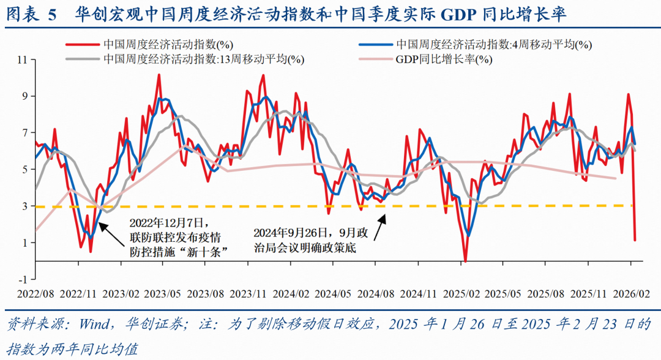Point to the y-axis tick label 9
(25, 96)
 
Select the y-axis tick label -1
(23, 279)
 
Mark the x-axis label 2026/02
(630, 294)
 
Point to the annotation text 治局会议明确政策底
(305, 248)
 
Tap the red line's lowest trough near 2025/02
(465, 261)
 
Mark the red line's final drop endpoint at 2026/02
(635, 240)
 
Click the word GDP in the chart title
(463, 14)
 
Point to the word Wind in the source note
(90, 323)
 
